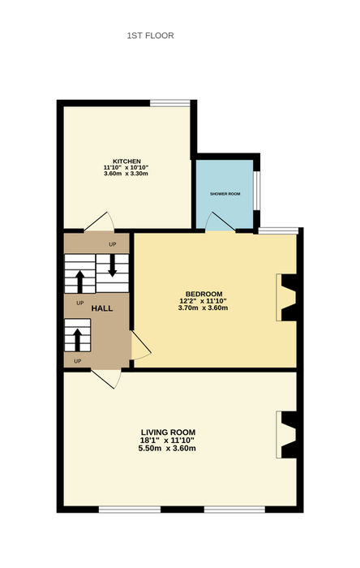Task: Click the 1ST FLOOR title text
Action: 150,36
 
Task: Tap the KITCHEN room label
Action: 126,161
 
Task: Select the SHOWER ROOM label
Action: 225,194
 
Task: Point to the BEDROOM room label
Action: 204,294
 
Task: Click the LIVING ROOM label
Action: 168,432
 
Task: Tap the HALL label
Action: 101,308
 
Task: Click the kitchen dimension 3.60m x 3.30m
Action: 126,174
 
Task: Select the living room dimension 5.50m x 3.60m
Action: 167,448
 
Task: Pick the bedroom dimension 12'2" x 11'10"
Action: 203,301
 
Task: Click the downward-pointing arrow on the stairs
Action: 112,265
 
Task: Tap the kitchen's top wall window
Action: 170,103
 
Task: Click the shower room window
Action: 256,190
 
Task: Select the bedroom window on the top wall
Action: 278,230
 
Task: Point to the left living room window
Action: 130,510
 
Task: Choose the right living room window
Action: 234,510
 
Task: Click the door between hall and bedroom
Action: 140,345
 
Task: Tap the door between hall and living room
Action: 106,379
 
